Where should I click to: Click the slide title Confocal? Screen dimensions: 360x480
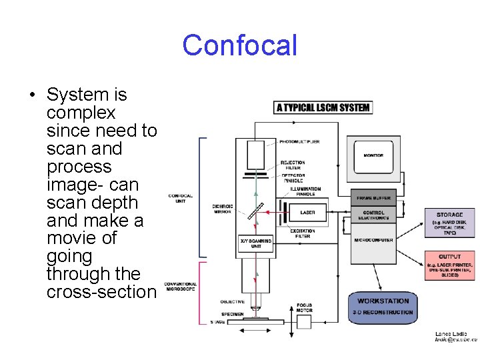tap(239, 45)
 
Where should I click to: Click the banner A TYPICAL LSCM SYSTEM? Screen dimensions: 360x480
tap(323, 107)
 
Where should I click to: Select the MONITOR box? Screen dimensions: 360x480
tap(373, 156)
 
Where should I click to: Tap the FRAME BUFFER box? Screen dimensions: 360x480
tap(373, 198)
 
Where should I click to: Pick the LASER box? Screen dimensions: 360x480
tap(307, 213)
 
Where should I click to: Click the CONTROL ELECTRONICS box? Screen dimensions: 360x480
tap(373, 215)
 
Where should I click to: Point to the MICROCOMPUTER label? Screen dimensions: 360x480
tap(373, 240)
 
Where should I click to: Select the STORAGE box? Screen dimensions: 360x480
tap(450, 223)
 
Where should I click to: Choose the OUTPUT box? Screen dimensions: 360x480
tap(450, 265)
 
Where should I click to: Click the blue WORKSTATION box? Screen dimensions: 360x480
tap(383, 307)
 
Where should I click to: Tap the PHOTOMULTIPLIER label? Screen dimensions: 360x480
tap(299, 142)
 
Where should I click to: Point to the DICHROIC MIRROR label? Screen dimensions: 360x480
tap(221, 209)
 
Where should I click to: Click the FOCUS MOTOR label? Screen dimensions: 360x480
tap(304, 309)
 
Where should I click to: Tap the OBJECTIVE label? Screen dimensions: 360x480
tap(232, 302)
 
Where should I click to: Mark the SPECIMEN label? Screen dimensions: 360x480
tap(232, 313)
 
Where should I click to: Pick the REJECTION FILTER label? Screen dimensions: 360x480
tap(293, 165)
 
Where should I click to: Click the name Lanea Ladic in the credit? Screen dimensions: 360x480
tap(451, 333)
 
